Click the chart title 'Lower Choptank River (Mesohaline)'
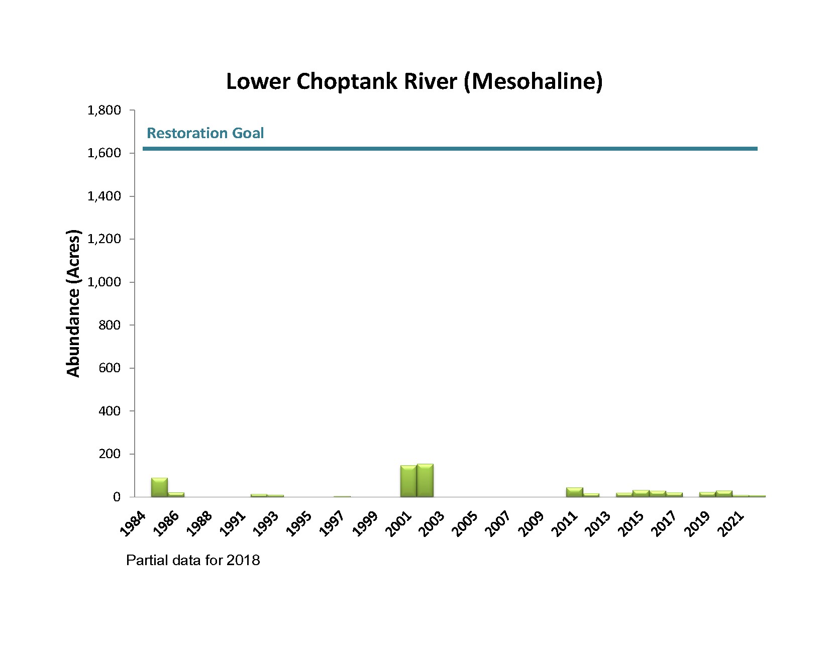413,81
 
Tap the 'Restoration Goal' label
205,133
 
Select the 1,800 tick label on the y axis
104,110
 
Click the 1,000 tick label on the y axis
104,282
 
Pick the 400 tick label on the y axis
110,411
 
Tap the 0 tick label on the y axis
117,497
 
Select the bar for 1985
159,487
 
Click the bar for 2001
408,481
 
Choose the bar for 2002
425,480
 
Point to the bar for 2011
574,492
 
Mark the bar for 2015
641,493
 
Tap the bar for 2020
723,493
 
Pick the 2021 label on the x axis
731,524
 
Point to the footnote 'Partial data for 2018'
193,560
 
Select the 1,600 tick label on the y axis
104,153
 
